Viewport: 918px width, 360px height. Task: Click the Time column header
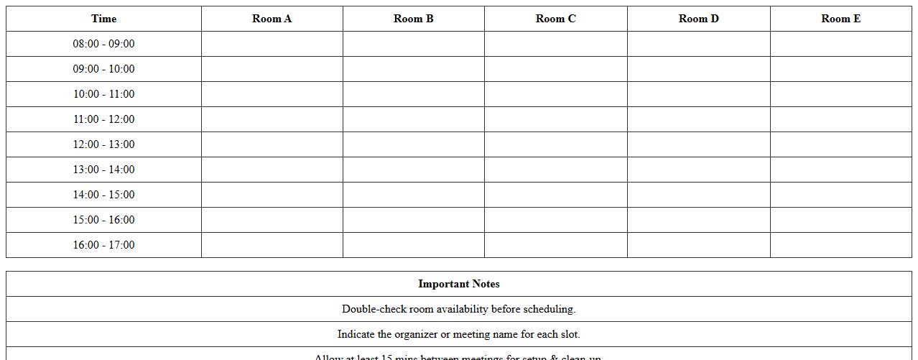pos(103,19)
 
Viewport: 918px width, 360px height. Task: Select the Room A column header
pos(272,19)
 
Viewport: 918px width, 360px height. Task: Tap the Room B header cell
pos(413,19)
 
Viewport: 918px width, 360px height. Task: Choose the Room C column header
pos(555,19)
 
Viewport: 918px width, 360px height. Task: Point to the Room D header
pos(698,19)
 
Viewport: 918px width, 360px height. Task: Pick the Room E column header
pos(840,19)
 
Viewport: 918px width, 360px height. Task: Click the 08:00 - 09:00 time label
pos(103,44)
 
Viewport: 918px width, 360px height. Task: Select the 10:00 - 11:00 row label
pos(103,94)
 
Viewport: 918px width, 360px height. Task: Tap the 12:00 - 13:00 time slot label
pos(103,144)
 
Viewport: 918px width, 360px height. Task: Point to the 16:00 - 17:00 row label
pos(103,245)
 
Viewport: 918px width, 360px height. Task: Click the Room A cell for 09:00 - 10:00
pos(272,69)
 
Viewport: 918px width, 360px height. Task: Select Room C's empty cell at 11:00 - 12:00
pos(555,119)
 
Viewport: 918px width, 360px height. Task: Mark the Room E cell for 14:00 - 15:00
pos(840,195)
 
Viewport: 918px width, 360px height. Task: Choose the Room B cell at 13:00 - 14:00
pos(413,170)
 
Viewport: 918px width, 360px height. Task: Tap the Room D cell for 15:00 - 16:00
pos(698,220)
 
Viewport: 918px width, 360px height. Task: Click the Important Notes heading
pos(458,284)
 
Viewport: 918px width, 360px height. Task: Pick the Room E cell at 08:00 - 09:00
pos(840,44)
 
